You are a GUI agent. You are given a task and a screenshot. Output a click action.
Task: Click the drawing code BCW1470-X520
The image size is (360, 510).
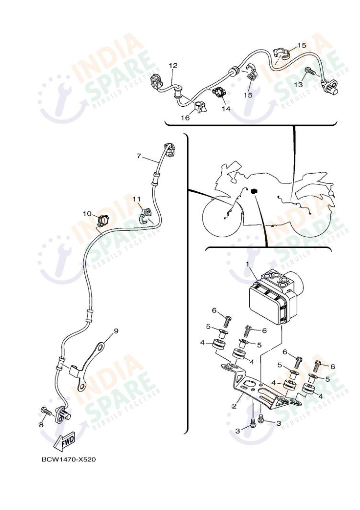point(68,460)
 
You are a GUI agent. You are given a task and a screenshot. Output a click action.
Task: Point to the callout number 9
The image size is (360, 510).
point(115,330)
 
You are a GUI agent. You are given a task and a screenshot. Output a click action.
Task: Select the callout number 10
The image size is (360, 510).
point(87,213)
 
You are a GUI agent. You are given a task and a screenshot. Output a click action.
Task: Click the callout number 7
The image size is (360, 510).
point(139,155)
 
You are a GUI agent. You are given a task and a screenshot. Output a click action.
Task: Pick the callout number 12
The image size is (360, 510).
point(173,65)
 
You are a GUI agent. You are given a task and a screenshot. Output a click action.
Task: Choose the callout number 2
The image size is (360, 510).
point(234,406)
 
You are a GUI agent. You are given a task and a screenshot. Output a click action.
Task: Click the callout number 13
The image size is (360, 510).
point(298,84)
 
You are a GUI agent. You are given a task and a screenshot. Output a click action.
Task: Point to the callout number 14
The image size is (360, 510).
point(226,109)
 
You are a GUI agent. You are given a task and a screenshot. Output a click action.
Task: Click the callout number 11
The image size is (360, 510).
point(137,198)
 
